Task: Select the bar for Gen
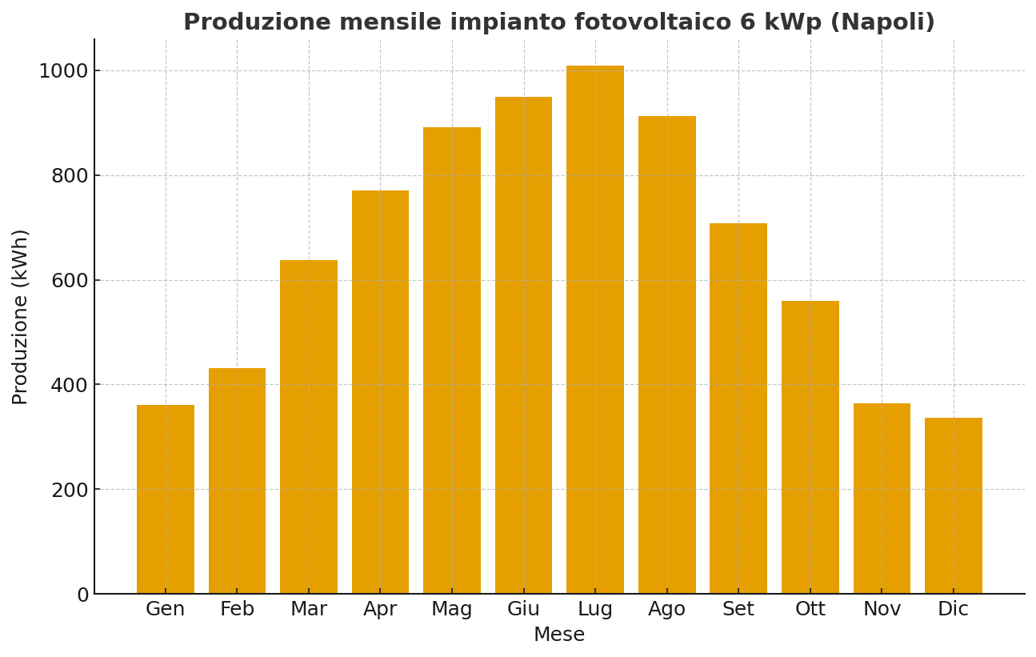tap(166, 499)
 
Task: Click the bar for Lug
tap(595, 330)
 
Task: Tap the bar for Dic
tap(954, 506)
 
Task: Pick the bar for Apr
tap(380, 392)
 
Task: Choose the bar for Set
tap(738, 408)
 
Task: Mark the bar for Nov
tap(882, 499)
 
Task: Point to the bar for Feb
tap(237, 481)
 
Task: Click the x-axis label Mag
tap(452, 610)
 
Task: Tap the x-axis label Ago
tap(667, 610)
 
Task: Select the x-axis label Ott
tap(810, 610)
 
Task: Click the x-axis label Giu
tap(524, 610)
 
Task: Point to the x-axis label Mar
tap(309, 610)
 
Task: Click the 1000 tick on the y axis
tap(63, 71)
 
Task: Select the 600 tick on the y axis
tap(70, 281)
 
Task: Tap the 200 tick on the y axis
tap(70, 490)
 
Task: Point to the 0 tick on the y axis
tap(82, 595)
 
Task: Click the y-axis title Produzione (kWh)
tap(21, 317)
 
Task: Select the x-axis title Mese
tap(559, 635)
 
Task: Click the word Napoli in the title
tap(883, 22)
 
